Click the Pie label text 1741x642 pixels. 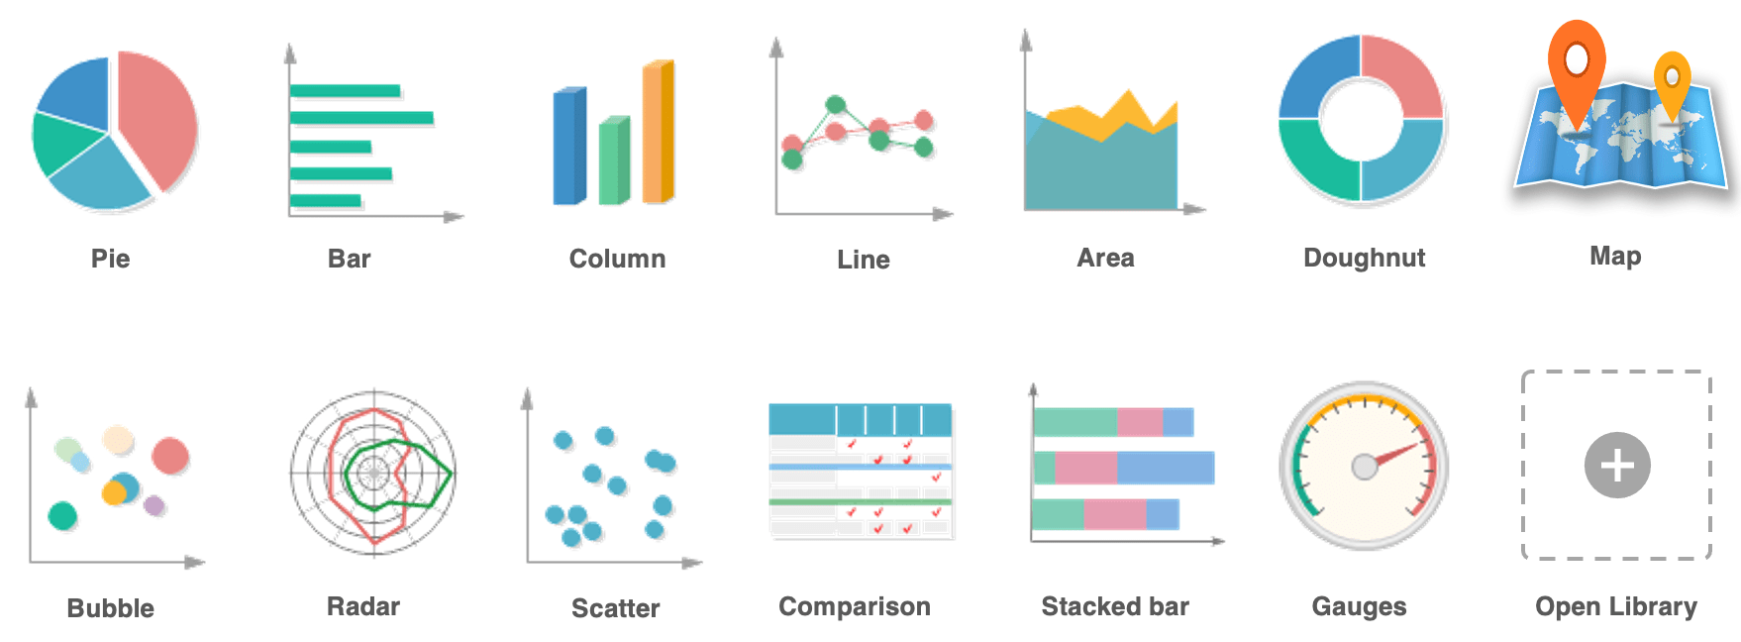coord(110,259)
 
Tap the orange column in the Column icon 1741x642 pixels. coord(658,132)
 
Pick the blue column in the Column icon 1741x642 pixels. coord(568,147)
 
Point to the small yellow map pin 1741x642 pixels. coord(1672,78)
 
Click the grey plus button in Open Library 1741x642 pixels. coord(1616,465)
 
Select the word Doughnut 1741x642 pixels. coord(1364,258)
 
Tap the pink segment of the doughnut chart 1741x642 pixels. coord(1402,74)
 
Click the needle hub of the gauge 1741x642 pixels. coord(1365,466)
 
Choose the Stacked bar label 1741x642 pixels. coord(1114,606)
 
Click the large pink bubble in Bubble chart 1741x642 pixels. coord(170,456)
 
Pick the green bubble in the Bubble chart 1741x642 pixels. coord(62,515)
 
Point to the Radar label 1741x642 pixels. coord(362,606)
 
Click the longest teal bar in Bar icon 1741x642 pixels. coord(361,118)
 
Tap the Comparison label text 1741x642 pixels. coord(854,606)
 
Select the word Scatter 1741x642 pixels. coord(615,608)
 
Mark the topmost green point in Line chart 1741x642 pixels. coord(835,104)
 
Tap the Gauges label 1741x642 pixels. coord(1359,606)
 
